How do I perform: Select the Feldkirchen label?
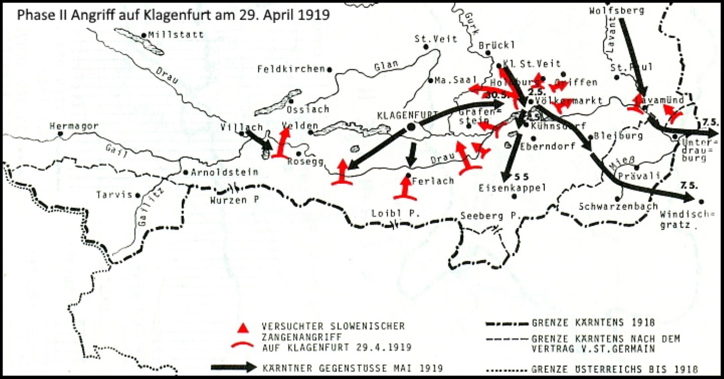tap(291, 69)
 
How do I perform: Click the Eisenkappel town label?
tap(513, 187)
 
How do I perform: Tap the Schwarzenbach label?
tap(619, 207)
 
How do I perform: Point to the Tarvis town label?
tap(114, 195)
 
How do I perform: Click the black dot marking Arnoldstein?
tap(185, 172)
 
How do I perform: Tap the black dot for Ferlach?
tap(409, 175)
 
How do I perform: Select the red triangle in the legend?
tap(242, 328)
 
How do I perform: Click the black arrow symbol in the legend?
tap(234, 367)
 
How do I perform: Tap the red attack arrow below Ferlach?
tap(405, 189)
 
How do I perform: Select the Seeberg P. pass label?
tap(489, 216)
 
